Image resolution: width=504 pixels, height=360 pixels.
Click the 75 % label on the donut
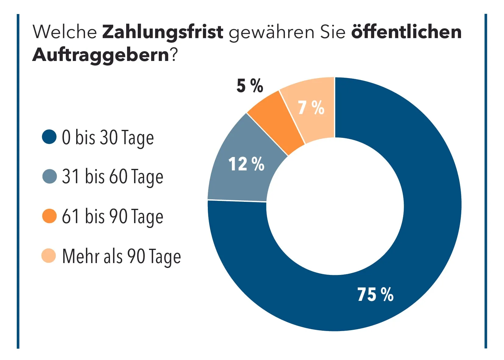click(x=375, y=294)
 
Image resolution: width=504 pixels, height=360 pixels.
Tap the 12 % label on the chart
click(x=246, y=164)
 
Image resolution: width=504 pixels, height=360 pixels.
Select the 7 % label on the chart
click(x=311, y=108)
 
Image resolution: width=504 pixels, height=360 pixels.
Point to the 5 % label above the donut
click(x=250, y=86)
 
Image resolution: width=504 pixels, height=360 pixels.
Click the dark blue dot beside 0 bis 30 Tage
click(x=49, y=137)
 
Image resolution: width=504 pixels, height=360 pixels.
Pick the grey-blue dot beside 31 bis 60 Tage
click(x=49, y=176)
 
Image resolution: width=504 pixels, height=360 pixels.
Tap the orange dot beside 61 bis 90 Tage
click(x=49, y=216)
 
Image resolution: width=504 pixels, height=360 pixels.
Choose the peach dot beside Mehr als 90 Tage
click(x=49, y=256)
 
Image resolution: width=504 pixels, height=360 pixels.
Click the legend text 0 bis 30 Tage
click(x=108, y=138)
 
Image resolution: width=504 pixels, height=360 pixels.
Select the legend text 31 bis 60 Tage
click(x=112, y=177)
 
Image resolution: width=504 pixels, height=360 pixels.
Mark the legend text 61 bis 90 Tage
click(x=112, y=217)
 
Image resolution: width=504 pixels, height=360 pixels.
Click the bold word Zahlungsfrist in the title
click(x=163, y=32)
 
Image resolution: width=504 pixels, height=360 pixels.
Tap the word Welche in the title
click(x=65, y=31)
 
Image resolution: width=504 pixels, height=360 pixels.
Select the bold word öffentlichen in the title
click(x=406, y=31)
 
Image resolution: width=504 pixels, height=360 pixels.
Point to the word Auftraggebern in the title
click(x=101, y=55)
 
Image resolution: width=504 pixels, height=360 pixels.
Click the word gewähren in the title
click(x=272, y=33)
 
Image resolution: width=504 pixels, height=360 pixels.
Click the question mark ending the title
click(x=174, y=55)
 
